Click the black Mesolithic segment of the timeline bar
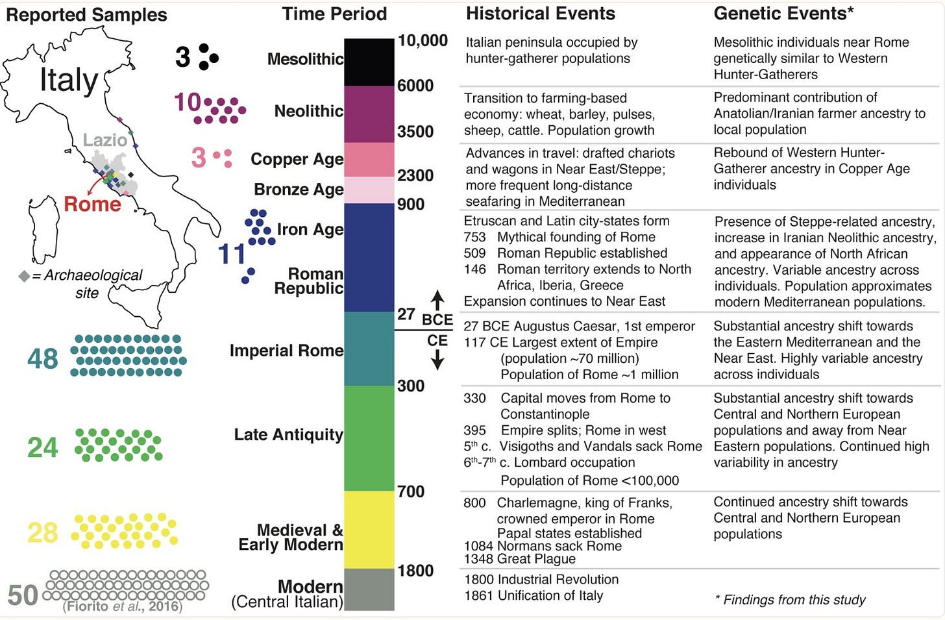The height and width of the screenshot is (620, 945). [x=369, y=62]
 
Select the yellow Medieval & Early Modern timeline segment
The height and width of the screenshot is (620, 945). [x=369, y=529]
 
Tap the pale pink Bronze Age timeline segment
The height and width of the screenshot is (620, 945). [x=369, y=190]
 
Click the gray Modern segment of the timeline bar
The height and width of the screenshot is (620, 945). [x=369, y=589]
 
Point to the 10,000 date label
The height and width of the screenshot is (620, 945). [x=423, y=41]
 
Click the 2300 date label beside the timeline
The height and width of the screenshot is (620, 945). [x=415, y=175]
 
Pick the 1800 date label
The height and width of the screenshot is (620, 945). [x=415, y=571]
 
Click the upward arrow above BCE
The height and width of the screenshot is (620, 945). [x=438, y=300]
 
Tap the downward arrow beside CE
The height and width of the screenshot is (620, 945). [x=438, y=359]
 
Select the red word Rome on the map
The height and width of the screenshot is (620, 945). [x=92, y=205]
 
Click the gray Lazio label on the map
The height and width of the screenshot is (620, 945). [x=105, y=140]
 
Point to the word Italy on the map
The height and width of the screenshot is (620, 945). [x=69, y=81]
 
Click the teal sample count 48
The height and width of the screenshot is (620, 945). [x=43, y=358]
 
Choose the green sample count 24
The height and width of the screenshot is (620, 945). [x=43, y=447]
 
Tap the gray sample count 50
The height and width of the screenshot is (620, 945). [x=23, y=595]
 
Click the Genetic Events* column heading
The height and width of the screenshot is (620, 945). [x=783, y=13]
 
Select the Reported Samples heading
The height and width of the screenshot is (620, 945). [x=86, y=15]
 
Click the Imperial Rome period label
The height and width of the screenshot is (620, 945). [x=286, y=351]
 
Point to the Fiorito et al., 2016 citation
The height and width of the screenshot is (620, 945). [x=123, y=607]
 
